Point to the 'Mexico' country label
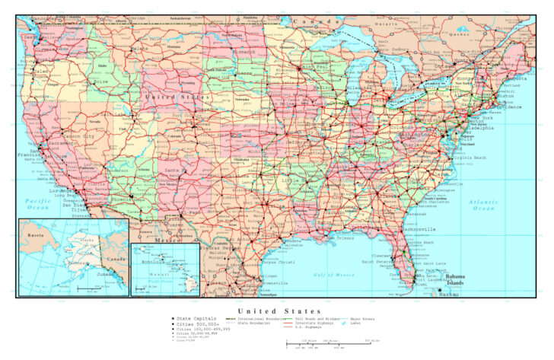pyautogui.click(x=167, y=240)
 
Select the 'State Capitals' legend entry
pyautogui.click(x=195, y=318)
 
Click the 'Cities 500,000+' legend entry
pyautogui.click(x=195, y=323)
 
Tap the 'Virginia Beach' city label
pyautogui.click(x=469, y=158)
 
